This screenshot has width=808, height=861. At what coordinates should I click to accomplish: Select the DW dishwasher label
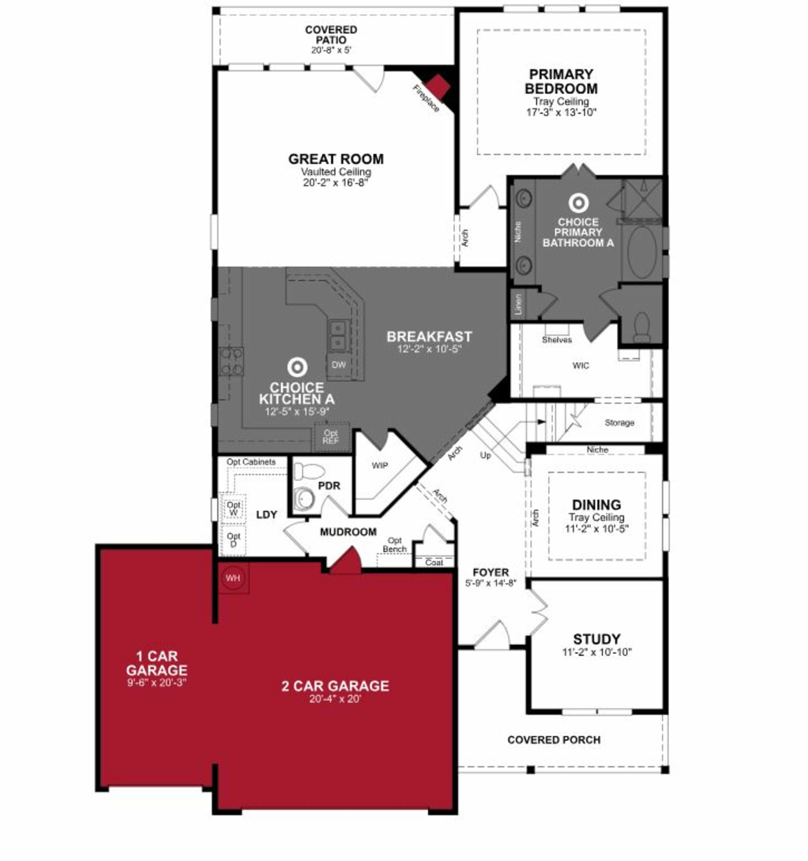point(338,365)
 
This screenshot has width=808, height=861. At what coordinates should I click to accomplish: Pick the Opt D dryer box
point(233,540)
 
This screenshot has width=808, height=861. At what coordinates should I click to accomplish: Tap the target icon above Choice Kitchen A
point(297,367)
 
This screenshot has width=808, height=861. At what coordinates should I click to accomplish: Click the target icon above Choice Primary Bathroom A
point(578,203)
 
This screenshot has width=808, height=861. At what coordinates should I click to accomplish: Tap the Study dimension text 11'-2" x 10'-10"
point(597,652)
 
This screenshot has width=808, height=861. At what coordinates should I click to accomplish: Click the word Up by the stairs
point(485,455)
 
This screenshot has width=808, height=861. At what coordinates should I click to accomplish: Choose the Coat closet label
point(434,562)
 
